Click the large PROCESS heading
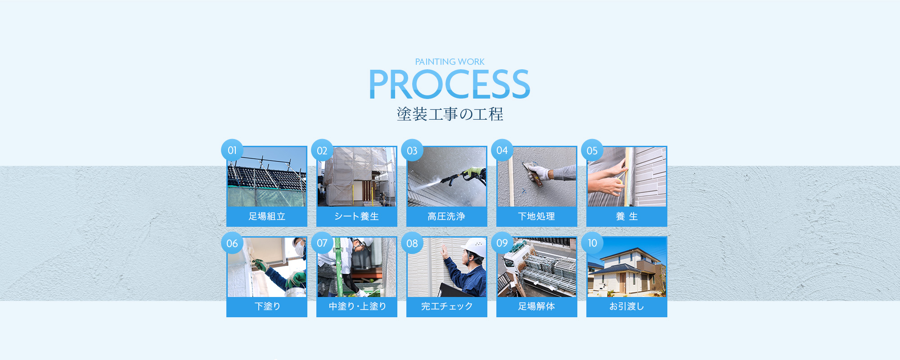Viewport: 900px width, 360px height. coord(450,84)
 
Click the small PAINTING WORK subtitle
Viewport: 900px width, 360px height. coord(450,62)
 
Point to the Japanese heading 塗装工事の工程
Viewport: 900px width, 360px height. coord(450,114)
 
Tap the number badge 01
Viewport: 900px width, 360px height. coord(232,150)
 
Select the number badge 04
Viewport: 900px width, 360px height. coord(502,150)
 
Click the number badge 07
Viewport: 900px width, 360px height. coord(322,243)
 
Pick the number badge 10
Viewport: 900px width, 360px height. coord(592,243)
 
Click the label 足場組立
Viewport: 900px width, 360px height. coord(267,216)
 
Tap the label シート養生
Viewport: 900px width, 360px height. coord(357,216)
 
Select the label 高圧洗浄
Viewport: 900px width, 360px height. coord(446,216)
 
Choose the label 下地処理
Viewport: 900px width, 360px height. coord(536,216)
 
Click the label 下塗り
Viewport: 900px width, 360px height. coord(267,306)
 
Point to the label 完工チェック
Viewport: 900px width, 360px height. coord(447,306)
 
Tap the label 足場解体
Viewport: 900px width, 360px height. coord(536,306)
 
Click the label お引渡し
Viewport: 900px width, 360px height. coord(626,306)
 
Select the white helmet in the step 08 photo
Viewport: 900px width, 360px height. coord(474,247)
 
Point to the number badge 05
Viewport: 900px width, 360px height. coord(592,150)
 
